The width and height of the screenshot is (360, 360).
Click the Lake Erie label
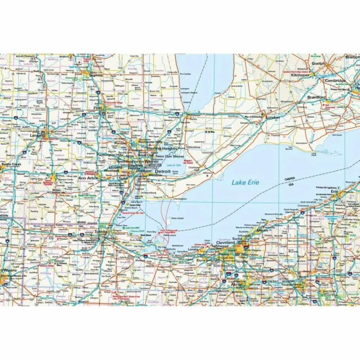point(245,182)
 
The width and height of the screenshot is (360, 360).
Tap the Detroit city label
point(163,171)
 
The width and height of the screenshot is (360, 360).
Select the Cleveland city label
point(225,243)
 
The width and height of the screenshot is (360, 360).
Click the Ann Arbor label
point(88,178)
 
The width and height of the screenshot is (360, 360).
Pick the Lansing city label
point(37,135)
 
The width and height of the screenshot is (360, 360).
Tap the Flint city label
point(98,108)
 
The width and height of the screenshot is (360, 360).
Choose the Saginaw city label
point(96,75)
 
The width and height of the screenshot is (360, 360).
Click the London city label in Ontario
point(272,117)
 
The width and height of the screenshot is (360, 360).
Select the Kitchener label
point(300,75)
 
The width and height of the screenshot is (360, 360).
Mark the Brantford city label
point(316,97)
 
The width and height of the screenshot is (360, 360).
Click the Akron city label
point(236,284)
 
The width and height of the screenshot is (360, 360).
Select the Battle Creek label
point(11,164)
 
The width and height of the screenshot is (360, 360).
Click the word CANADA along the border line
point(290,179)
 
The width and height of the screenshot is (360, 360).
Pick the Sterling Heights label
point(162,149)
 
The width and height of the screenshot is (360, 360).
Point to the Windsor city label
point(155,175)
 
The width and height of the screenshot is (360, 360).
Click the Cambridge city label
point(335,81)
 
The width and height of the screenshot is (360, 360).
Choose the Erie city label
point(334,192)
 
